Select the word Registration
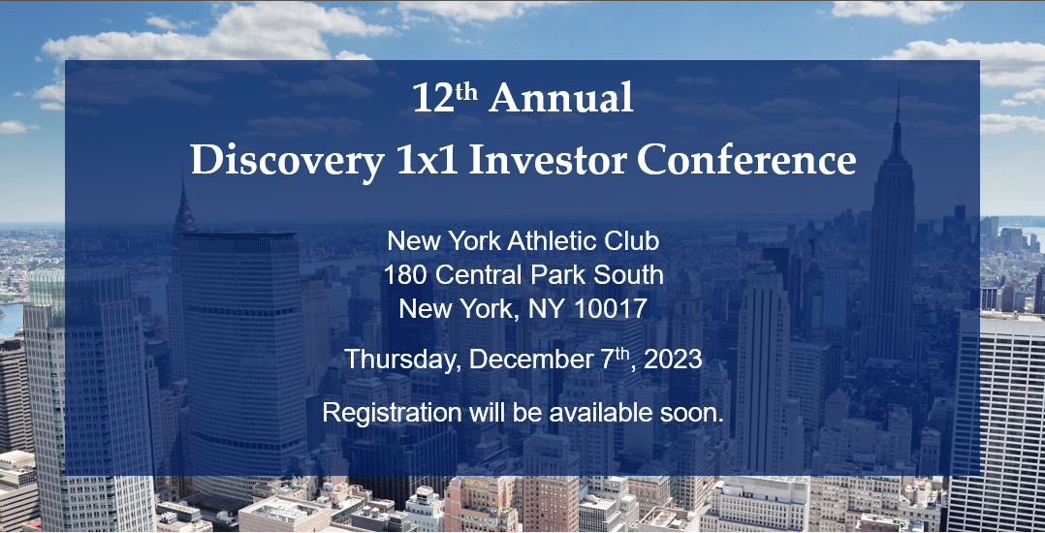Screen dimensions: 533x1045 (x=392, y=412)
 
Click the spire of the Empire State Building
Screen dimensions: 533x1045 (x=899, y=107)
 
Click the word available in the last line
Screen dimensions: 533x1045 (x=595, y=412)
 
